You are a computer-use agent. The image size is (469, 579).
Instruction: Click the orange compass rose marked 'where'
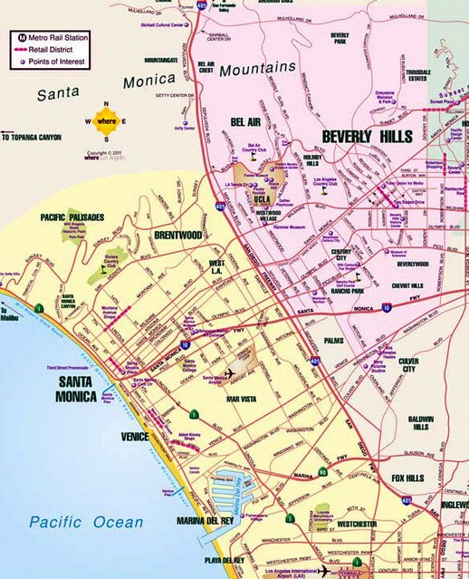pos(106,121)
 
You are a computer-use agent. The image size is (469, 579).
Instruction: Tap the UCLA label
pos(262,197)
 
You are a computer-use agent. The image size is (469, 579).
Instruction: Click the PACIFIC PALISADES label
pos(72,217)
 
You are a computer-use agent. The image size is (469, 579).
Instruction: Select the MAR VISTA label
pos(244,397)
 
